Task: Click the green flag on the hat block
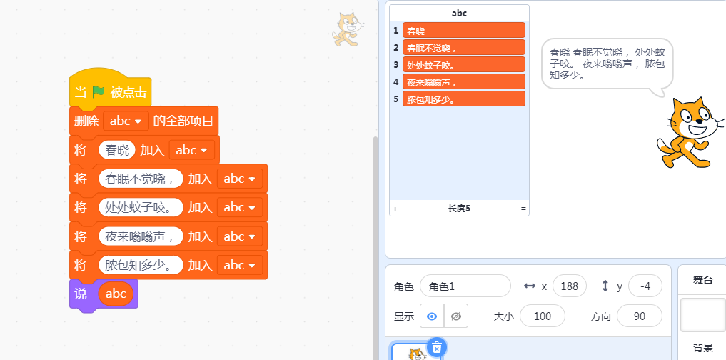pos(98,92)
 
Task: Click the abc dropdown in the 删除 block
pos(126,121)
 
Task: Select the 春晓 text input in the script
pos(117,150)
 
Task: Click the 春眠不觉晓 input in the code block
pos(141,179)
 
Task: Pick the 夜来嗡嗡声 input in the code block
pos(141,236)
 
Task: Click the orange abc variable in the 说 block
pos(116,294)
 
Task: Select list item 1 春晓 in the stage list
pos(463,31)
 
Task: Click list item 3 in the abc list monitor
pos(463,65)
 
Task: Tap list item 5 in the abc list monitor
pos(463,99)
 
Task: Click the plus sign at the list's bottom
pos(395,209)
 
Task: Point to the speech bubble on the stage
pos(607,63)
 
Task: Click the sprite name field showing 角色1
pos(465,286)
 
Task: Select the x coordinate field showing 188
pos(569,286)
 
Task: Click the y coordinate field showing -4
pos(645,286)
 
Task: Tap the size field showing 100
pos(542,316)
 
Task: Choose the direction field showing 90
pos(639,316)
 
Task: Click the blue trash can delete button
pos(437,347)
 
